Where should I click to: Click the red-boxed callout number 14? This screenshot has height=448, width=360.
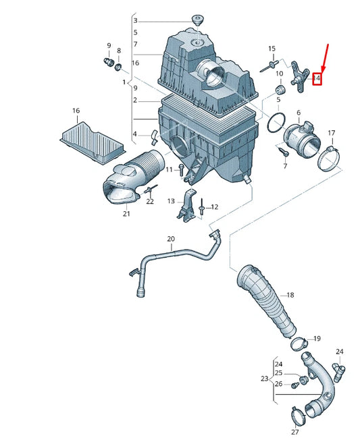(x=317, y=79)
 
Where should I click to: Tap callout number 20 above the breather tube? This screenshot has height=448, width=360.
(x=170, y=239)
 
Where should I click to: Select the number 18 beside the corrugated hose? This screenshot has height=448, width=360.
(x=290, y=296)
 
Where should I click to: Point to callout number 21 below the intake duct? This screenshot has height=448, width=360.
(x=126, y=214)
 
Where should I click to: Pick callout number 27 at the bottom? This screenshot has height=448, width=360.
(x=294, y=431)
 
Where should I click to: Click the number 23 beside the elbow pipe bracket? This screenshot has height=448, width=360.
(x=264, y=379)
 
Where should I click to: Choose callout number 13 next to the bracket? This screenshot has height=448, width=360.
(x=171, y=201)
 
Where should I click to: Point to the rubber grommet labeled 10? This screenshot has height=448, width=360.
(x=279, y=90)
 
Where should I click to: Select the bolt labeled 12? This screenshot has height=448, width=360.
(x=202, y=206)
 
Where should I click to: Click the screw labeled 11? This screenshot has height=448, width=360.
(x=182, y=169)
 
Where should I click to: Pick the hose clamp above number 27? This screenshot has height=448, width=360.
(x=296, y=411)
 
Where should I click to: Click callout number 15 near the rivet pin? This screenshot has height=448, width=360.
(x=272, y=49)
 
